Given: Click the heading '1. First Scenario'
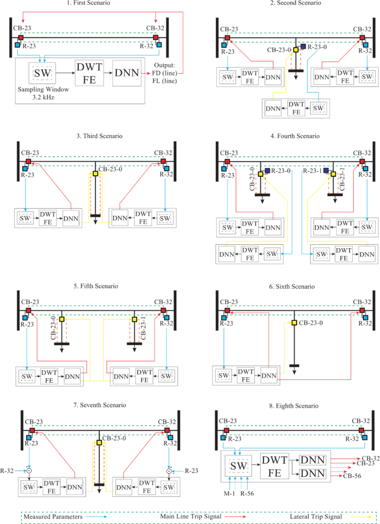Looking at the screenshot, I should click(88, 4).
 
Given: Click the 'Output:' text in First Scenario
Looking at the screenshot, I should click(166, 68).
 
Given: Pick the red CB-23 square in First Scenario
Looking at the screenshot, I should click(21, 38).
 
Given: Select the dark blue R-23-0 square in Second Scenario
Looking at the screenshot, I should click(303, 47).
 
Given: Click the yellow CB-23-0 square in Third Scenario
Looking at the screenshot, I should click(95, 173).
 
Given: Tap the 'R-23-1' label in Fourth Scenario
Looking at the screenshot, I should click(312, 172).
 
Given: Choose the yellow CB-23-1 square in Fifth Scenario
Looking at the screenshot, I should click(134, 320).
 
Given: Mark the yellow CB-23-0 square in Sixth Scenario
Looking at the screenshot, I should click(294, 323).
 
